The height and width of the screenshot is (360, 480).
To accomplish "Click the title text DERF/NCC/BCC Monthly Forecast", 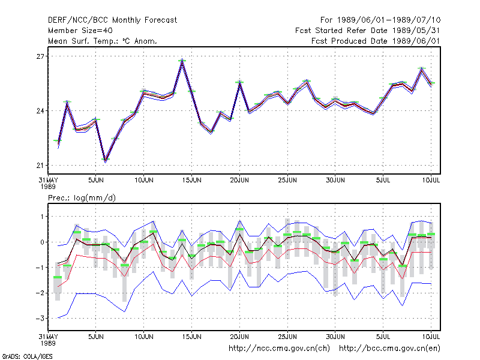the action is coord(112,20).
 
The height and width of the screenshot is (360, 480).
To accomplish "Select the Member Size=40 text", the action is coord(80,31).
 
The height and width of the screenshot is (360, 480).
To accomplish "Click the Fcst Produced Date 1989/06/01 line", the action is coord(376,41).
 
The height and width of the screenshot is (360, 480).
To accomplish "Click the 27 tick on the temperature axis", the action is coord(40,56).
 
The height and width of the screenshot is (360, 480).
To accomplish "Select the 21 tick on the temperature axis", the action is coord(40,166).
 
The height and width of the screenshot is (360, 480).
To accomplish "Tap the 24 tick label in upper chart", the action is coord(40,111).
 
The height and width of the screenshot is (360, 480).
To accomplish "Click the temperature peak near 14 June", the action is coord(182,59).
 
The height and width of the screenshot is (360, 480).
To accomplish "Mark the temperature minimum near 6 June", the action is coord(106,160).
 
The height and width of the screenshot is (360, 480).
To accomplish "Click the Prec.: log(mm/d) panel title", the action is coord(82,198).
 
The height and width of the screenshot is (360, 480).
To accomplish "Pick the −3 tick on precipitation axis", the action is coord(40,319).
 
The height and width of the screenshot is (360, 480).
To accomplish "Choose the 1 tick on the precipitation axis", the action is coord(43,217).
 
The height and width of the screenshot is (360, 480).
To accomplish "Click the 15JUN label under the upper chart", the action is coord(191,181).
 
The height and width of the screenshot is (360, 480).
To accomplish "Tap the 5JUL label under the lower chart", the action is coord(383,337).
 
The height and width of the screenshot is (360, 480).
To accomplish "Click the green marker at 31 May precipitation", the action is coord(58,277).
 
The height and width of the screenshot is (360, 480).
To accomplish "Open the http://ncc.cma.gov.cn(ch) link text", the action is coord(279,349).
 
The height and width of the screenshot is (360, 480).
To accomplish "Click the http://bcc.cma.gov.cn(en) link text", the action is coord(389,349).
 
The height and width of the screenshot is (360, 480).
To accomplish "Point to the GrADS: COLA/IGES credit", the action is coord(27,356).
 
